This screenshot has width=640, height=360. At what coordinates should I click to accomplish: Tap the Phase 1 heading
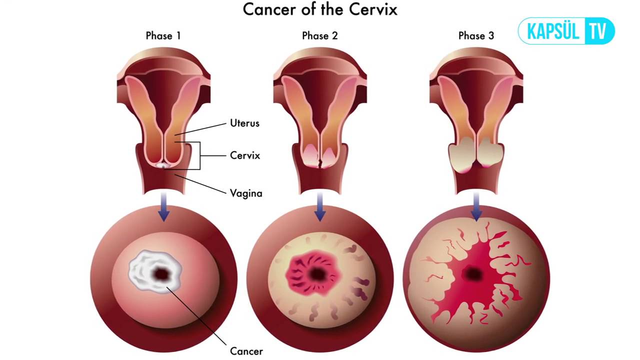[x=163, y=35]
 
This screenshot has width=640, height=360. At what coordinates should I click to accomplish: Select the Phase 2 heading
[x=319, y=35]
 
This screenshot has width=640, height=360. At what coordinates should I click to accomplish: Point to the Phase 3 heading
[x=476, y=35]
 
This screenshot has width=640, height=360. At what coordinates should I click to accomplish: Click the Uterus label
[x=244, y=123]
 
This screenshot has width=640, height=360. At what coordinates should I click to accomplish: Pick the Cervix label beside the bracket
[x=245, y=155]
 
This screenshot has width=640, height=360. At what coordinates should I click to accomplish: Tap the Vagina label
[x=246, y=193]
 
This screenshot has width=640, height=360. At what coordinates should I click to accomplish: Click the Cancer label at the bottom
[x=246, y=351]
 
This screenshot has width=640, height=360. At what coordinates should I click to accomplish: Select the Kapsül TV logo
[x=566, y=31]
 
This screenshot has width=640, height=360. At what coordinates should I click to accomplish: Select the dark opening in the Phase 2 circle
[x=316, y=273]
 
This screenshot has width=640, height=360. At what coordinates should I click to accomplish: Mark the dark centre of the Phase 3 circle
[x=473, y=273]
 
